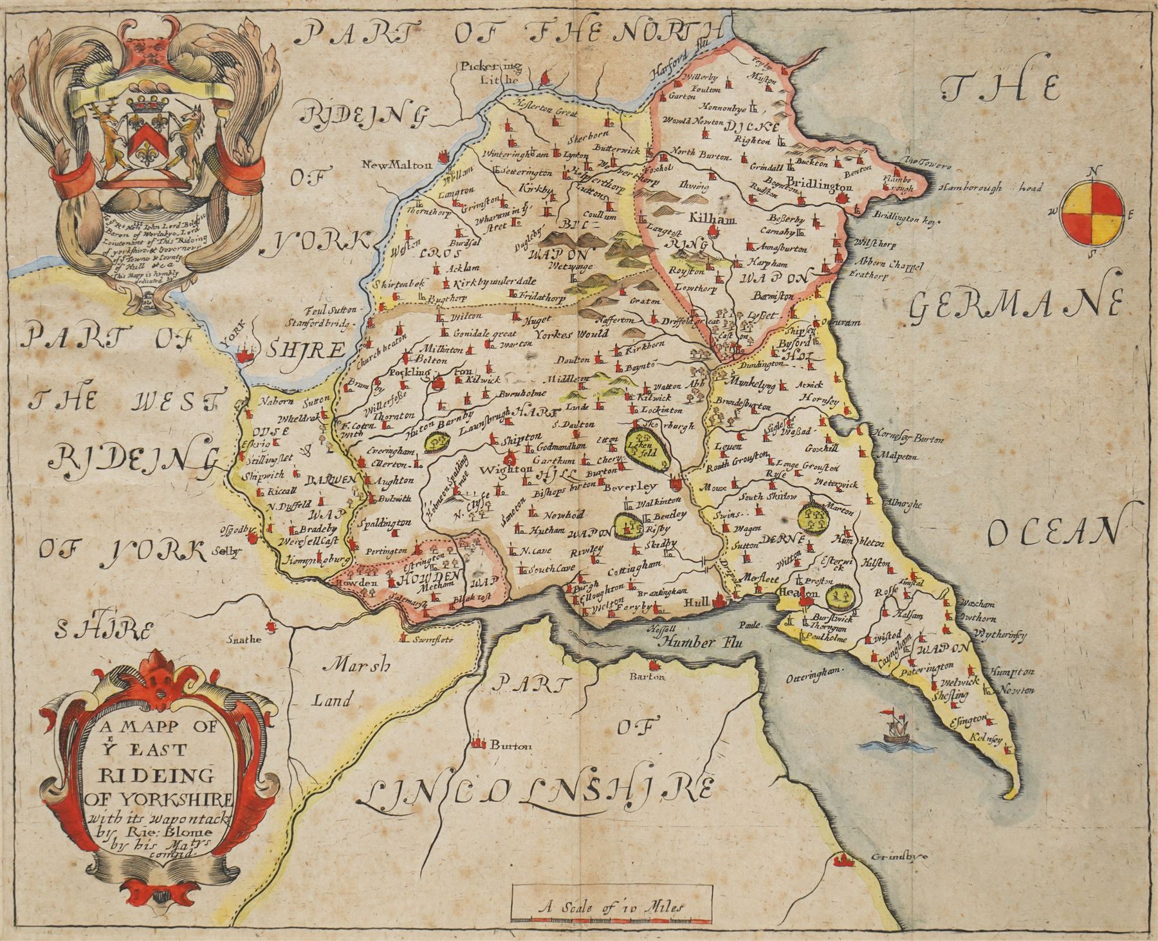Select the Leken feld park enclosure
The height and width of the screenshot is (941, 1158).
click(647, 445)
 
